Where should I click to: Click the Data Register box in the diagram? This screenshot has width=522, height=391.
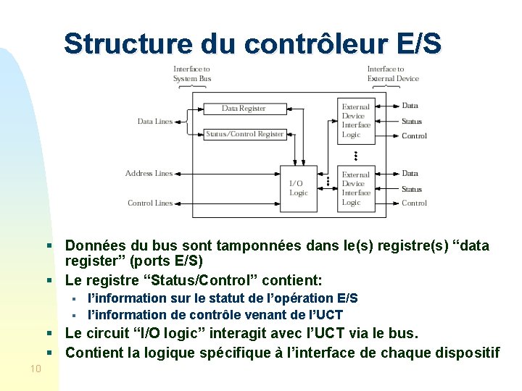[244, 109]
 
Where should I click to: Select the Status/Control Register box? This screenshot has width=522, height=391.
[244, 134]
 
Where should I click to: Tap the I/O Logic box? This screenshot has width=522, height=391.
[299, 188]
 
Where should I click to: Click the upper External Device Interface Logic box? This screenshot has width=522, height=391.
[356, 120]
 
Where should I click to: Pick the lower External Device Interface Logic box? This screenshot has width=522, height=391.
[356, 188]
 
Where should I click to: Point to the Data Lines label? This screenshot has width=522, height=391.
[155, 122]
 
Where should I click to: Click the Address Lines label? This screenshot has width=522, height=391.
[149, 174]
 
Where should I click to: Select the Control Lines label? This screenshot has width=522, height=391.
[150, 203]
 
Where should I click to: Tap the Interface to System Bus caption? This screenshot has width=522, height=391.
[191, 74]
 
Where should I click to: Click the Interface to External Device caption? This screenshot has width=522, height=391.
[393, 74]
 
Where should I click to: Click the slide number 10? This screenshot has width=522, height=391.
[36, 369]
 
